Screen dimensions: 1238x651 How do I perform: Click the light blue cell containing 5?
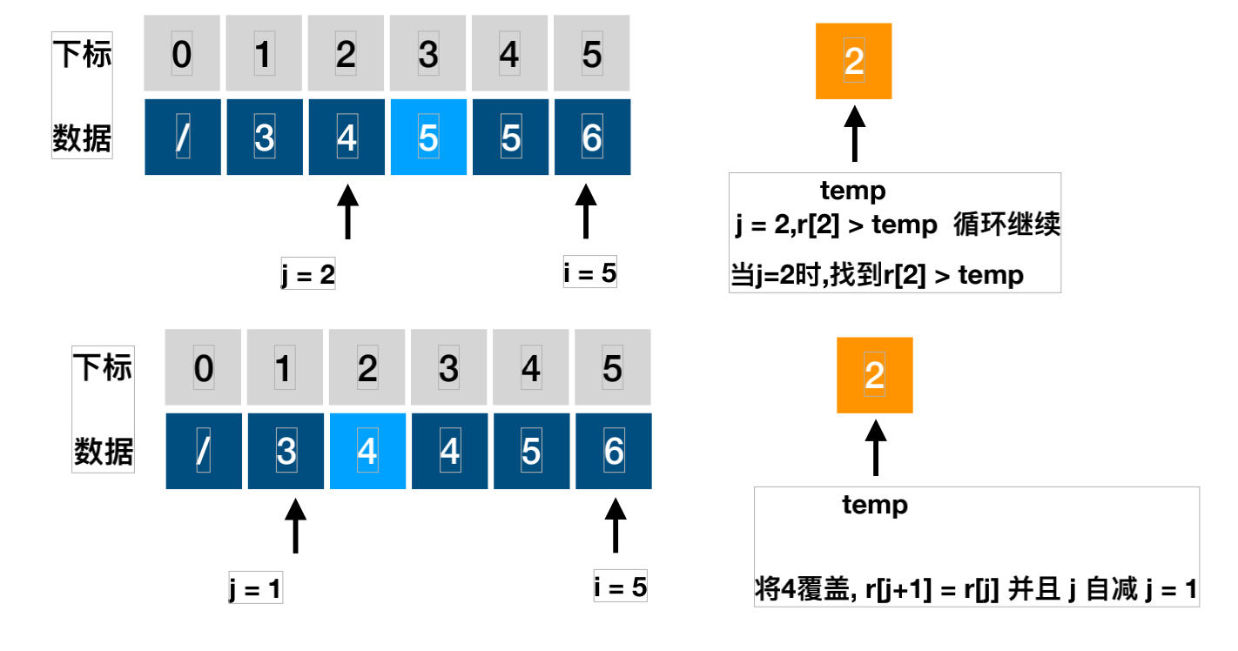(x=428, y=138)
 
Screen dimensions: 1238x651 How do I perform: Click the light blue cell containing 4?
(x=367, y=451)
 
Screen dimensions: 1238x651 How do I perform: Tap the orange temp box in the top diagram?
(x=854, y=61)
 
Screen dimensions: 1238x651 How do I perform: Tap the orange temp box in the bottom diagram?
(x=874, y=375)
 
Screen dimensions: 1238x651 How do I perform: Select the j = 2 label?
(x=308, y=275)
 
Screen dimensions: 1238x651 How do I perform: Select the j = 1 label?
(x=255, y=590)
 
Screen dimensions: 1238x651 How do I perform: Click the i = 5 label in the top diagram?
(x=590, y=274)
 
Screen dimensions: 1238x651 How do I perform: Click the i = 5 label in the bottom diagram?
(x=621, y=588)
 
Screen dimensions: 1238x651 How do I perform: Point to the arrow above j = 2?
(x=347, y=211)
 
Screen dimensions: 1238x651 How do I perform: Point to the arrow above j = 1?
(x=296, y=526)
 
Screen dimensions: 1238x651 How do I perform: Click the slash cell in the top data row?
(x=182, y=138)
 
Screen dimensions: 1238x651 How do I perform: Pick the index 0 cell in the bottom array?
(x=203, y=368)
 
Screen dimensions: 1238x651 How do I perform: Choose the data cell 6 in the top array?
(x=592, y=138)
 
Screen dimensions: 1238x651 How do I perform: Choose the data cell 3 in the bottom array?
(x=286, y=451)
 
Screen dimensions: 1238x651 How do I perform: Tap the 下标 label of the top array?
(x=83, y=56)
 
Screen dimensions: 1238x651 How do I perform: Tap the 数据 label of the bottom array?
(x=104, y=452)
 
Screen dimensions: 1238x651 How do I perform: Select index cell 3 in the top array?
(x=428, y=55)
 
